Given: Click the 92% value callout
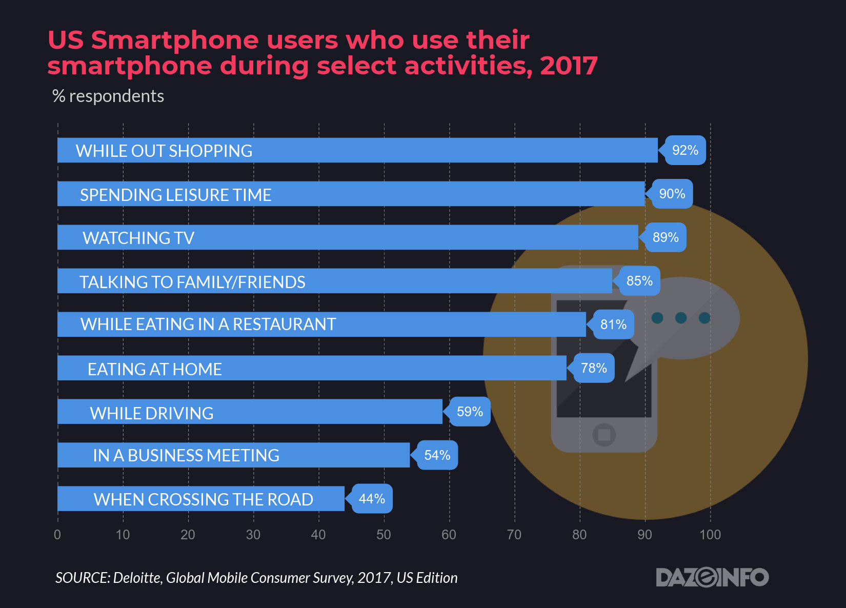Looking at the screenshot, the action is [x=685, y=150].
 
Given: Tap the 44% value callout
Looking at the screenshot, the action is [x=372, y=498].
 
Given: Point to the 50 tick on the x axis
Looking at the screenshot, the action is [x=384, y=535].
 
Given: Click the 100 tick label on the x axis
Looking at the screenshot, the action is [x=710, y=535].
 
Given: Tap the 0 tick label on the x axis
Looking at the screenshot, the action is [x=57, y=535].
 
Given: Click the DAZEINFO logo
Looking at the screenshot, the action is [x=712, y=577].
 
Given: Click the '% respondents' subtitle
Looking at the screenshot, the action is [x=108, y=96].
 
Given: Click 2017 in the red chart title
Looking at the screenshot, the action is [x=569, y=66].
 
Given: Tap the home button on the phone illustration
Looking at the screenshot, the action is [x=604, y=435].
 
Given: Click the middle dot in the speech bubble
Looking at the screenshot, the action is [x=681, y=318].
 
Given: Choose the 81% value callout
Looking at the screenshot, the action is [x=613, y=325].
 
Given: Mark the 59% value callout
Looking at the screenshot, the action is [x=470, y=412].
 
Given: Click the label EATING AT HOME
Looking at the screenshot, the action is [x=154, y=369].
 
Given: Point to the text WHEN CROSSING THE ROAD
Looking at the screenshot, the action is [x=203, y=499].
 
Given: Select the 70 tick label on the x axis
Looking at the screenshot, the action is [x=514, y=535].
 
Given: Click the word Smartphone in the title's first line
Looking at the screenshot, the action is [x=175, y=40].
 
